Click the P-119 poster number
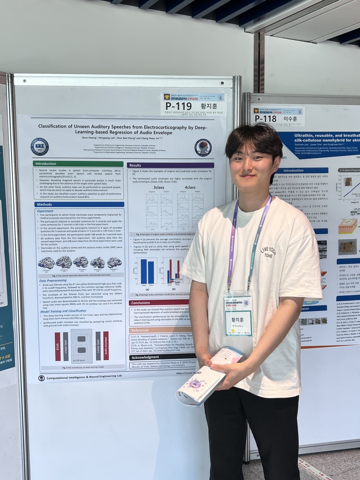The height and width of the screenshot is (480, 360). coord(178,106)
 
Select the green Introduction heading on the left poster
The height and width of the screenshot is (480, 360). coord(46,164)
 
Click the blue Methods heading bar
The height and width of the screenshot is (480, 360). coord(44,204)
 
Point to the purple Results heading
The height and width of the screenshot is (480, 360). coord(135,165)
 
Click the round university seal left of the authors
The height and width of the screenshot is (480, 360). coord(40,147)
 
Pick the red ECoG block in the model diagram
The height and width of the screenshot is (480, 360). coord(57,346)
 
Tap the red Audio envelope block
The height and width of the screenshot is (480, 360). coord(106,345)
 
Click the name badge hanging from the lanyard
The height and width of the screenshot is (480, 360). coord(238,317)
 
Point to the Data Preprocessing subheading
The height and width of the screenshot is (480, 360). coord(54,280)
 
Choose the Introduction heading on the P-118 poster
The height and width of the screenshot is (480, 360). coord(294,170)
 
